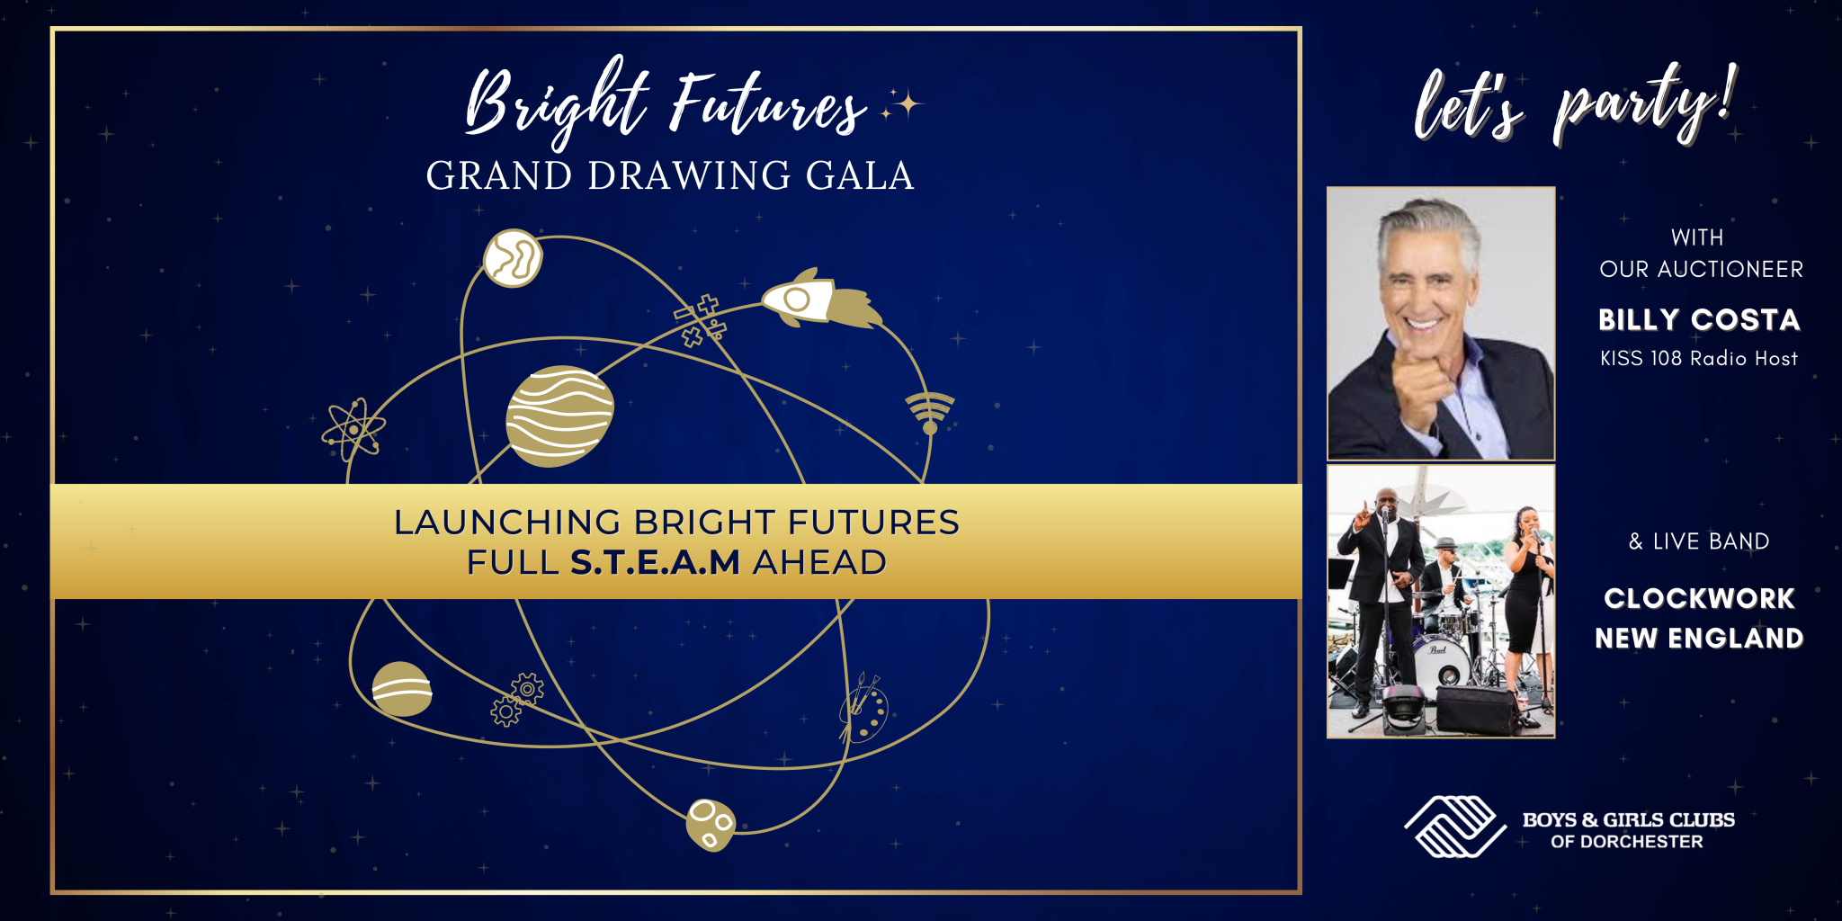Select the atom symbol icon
click(x=353, y=429)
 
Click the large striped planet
click(x=559, y=416)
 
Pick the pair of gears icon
click(x=517, y=700)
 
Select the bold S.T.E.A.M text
click(x=655, y=563)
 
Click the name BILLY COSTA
click(x=1699, y=320)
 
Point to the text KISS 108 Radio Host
click(x=1699, y=359)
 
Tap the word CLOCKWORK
click(x=1699, y=599)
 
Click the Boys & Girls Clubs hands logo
click(x=1454, y=826)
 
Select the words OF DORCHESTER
click(x=1627, y=842)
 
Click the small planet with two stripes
click(x=401, y=690)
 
